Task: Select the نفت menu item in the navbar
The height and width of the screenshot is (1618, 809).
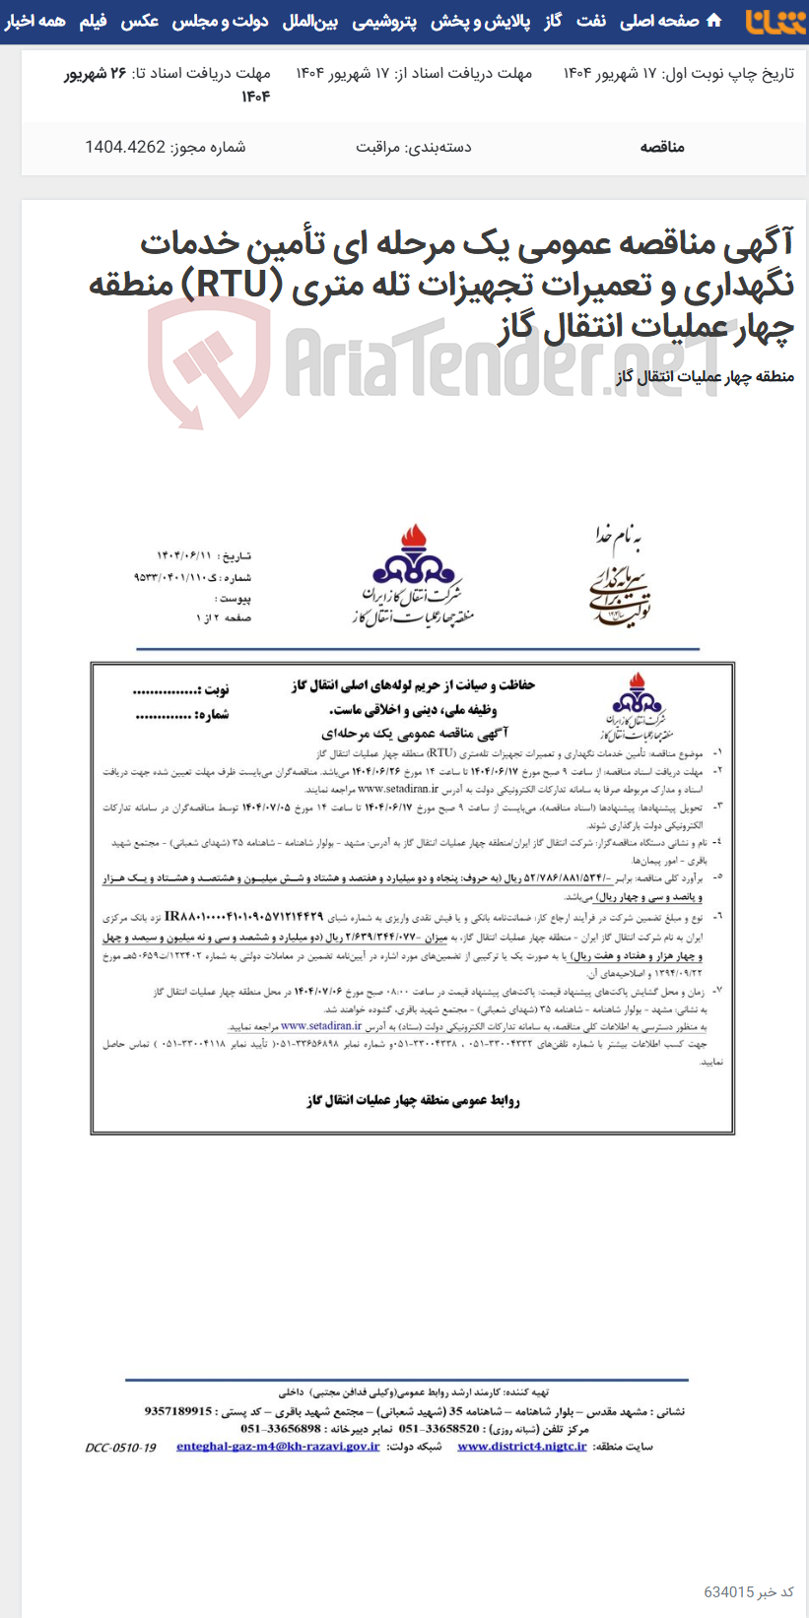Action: [x=591, y=21]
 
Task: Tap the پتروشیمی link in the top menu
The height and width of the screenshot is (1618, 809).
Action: [x=384, y=21]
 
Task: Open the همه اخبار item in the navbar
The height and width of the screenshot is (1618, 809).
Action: [x=35, y=21]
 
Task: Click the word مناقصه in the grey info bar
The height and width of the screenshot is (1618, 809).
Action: [x=662, y=147]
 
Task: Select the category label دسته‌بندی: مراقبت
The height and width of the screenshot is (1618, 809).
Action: [x=413, y=147]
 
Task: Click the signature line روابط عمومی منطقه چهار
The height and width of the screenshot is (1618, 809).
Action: [x=413, y=1100]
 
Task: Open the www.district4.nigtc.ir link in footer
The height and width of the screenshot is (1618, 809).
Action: [x=521, y=1447]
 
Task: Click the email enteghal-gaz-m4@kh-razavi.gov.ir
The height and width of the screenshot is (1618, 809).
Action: [x=278, y=1447]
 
